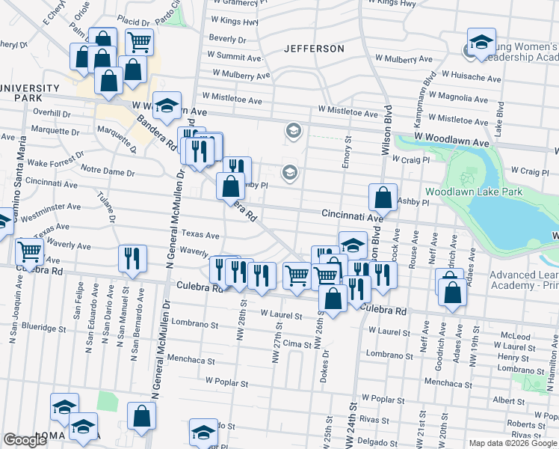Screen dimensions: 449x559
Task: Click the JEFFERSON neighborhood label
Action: (x=314, y=49)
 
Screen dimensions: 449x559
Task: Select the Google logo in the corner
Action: (x=25, y=440)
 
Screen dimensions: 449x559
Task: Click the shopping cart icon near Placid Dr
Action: (x=140, y=42)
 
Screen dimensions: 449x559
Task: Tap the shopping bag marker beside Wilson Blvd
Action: (x=383, y=198)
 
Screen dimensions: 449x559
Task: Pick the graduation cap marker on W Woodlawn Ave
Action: (x=168, y=106)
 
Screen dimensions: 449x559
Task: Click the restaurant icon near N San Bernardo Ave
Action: (x=129, y=258)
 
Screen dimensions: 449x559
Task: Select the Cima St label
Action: (x=296, y=343)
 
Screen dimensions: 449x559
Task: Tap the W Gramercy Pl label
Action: (x=238, y=5)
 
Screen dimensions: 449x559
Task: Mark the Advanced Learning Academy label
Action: (x=523, y=280)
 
